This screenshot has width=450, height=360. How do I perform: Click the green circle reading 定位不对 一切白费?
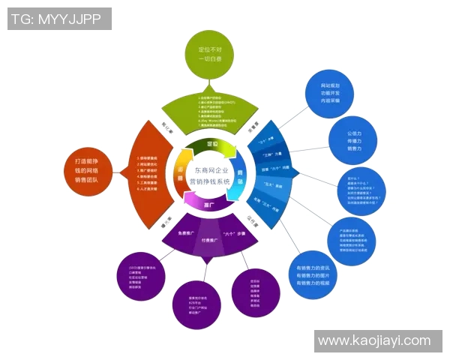[x=206, y=53]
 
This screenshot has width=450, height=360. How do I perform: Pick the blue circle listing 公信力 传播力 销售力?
[x=355, y=139]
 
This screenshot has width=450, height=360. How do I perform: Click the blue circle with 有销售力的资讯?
[x=312, y=275]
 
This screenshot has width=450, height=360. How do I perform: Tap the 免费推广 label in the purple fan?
[x=186, y=234]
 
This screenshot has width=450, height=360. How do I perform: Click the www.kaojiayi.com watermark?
[x=374, y=341]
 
